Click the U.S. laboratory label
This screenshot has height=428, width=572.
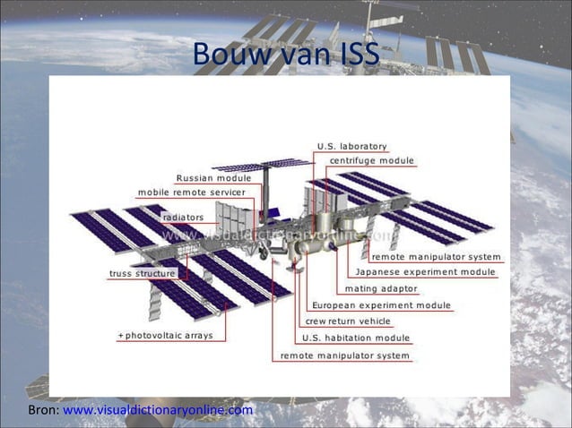pos(352,146)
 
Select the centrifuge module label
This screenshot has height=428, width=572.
pos(372,160)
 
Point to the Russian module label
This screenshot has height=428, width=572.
pos(213,178)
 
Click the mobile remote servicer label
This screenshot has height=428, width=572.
pos(191,193)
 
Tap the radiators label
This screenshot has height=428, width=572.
pos(182,218)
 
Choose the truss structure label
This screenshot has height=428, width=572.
pos(143,273)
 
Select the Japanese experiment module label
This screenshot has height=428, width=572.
pos(425,272)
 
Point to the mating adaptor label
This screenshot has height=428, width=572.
pos(380,288)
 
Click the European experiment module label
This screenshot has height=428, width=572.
pos(381,305)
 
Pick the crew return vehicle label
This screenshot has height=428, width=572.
pos(348,321)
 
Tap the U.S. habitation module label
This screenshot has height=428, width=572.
pos(356,338)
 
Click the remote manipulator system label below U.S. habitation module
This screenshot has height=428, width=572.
pos(344,355)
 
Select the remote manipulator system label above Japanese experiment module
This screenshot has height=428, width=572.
pos(436,257)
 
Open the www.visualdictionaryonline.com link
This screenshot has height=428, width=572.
pos(158,410)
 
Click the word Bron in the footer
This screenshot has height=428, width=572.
pos(42,410)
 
